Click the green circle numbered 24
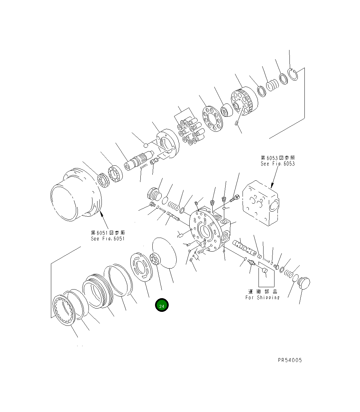(x=162, y=305)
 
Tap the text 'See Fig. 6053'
(x=277, y=164)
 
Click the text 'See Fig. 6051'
(x=107, y=239)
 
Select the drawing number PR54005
(x=290, y=360)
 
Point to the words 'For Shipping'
(x=262, y=298)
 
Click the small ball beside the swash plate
(x=145, y=145)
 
